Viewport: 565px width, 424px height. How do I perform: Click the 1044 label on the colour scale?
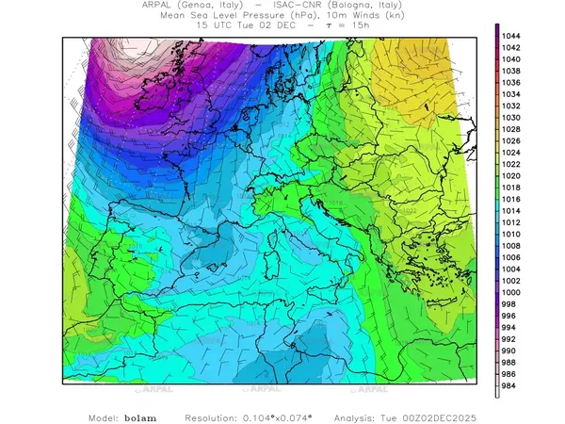[x=512, y=36]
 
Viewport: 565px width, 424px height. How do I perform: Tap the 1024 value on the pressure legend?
[x=512, y=153]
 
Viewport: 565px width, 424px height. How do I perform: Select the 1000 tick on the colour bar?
[x=512, y=292]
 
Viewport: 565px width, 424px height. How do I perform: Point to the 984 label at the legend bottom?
[x=512, y=384]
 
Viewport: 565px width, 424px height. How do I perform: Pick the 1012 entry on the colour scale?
[x=512, y=222]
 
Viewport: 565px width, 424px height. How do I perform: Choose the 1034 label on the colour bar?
[x=512, y=94]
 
